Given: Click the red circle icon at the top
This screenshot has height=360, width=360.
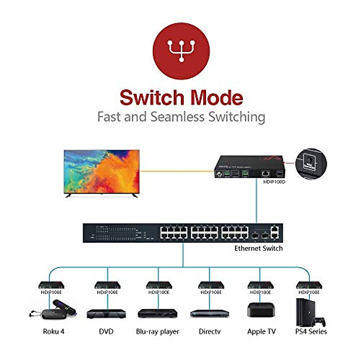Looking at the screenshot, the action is (x=181, y=51).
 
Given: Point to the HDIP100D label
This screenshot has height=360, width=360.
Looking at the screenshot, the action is (x=274, y=182).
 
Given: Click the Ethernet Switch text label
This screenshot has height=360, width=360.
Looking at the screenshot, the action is (x=258, y=248).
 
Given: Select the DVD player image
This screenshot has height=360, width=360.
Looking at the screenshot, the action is (x=106, y=314).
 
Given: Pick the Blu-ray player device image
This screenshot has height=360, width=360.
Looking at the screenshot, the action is (x=157, y=314).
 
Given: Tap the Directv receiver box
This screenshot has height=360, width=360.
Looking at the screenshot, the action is (x=210, y=313).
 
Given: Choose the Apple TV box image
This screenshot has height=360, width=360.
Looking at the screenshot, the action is (x=261, y=310).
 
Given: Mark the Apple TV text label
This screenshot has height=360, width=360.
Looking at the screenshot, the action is (x=261, y=331).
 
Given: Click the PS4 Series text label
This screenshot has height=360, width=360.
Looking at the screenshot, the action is (x=311, y=331).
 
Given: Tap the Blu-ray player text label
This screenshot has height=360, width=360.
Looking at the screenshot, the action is (x=157, y=331).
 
